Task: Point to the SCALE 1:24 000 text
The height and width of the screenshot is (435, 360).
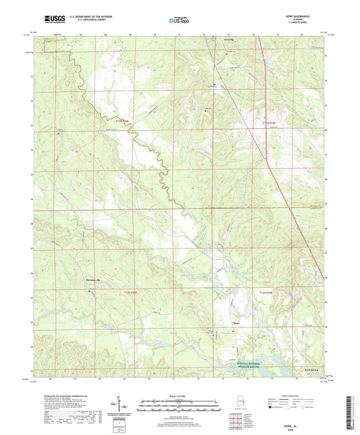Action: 180,396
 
